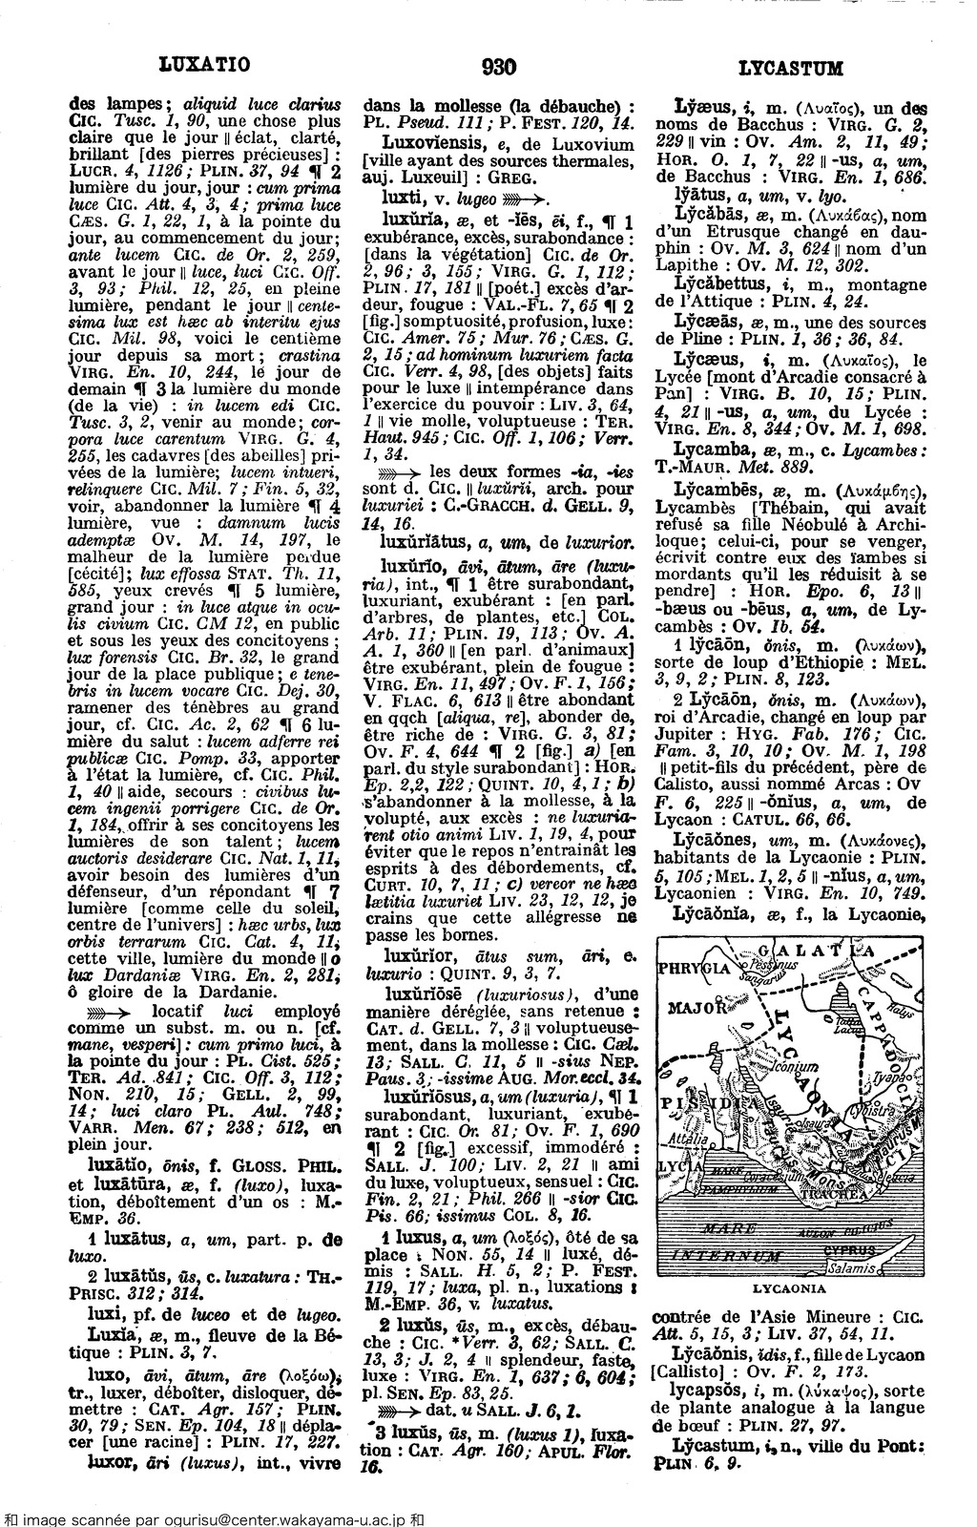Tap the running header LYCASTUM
(x=792, y=68)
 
